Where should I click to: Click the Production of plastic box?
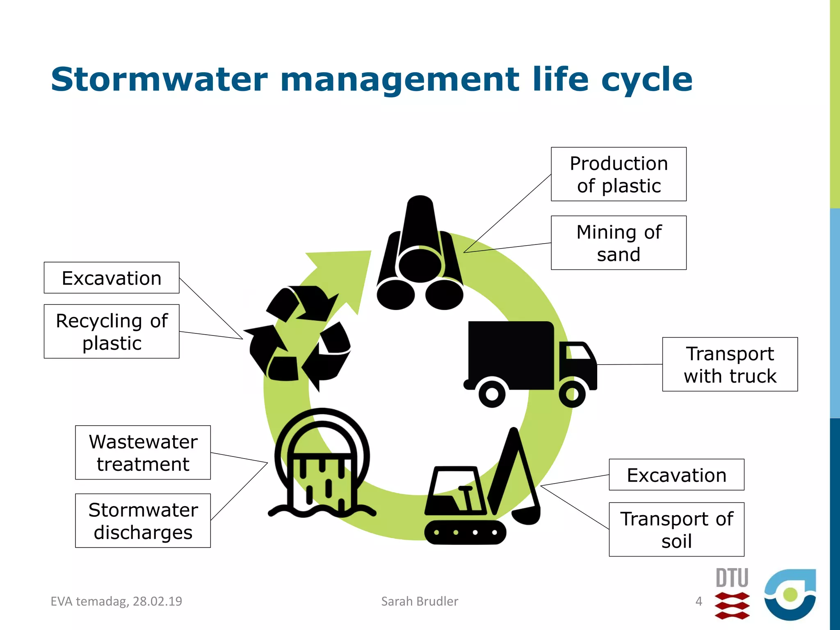(x=619, y=174)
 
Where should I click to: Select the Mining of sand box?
(x=619, y=243)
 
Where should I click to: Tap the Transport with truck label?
(x=730, y=364)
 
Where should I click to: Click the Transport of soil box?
(x=676, y=529)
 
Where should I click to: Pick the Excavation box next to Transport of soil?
(x=676, y=475)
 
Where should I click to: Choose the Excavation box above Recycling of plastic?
(x=112, y=278)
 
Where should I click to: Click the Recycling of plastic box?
(x=112, y=331)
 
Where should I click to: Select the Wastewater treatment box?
(x=143, y=452)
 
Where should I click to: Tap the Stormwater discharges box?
(x=143, y=520)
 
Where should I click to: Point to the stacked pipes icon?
(x=420, y=258)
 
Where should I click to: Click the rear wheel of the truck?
(x=492, y=394)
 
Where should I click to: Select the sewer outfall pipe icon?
(x=322, y=463)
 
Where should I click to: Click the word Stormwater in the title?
(x=159, y=79)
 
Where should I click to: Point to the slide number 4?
(x=699, y=601)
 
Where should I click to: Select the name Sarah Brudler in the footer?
(x=420, y=601)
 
